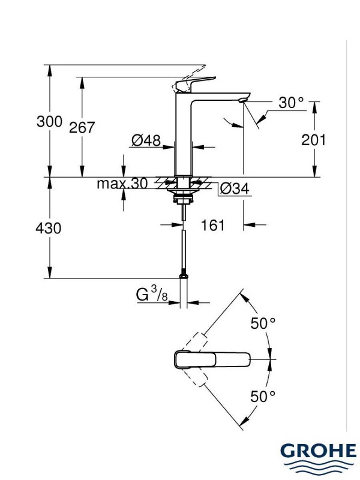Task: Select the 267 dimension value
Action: pos(83,128)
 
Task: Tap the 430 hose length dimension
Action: pos(50,229)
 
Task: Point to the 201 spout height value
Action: pos(313,140)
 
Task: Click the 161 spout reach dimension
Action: pos(212,225)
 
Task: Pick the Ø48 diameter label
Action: pos(146,141)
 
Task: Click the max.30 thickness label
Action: pos(122,184)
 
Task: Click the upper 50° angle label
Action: pos(263,323)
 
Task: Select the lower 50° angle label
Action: pos(263,396)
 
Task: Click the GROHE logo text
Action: pos(318,451)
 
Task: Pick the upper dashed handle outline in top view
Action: pos(200,339)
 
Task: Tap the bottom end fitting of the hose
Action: pos(182,275)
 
